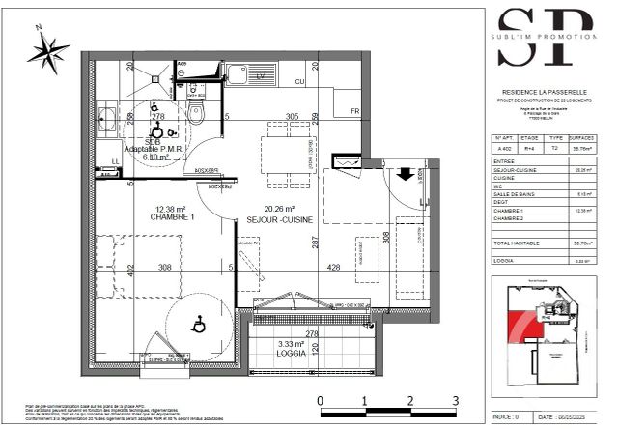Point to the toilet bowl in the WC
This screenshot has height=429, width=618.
(x=196, y=114)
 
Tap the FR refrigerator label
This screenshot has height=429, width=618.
(x=354, y=111)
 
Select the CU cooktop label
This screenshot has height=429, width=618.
(x=300, y=81)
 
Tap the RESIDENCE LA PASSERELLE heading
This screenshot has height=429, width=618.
(x=547, y=92)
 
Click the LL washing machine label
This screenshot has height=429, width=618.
(x=116, y=161)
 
